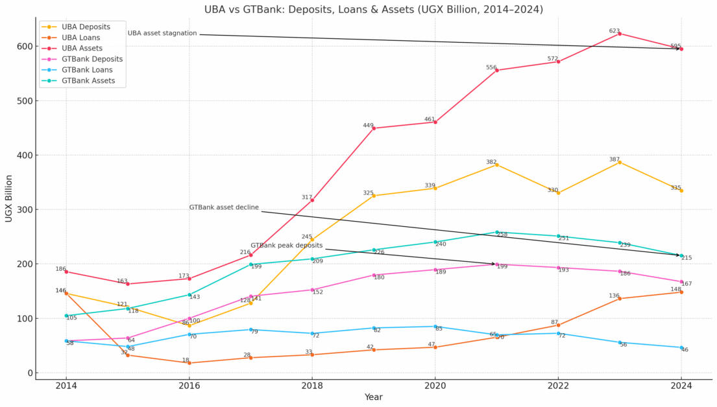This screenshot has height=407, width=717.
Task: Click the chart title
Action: click(374, 10)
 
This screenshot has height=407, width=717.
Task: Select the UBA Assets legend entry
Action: click(82, 49)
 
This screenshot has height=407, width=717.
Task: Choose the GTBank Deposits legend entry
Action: click(92, 59)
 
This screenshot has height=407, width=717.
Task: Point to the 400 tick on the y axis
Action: click(24, 156)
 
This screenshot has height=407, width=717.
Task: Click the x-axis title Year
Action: click(373, 397)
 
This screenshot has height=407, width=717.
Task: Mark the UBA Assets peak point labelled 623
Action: click(620, 34)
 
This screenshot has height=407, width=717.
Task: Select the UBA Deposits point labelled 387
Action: click(620, 162)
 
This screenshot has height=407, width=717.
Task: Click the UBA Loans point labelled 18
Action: click(189, 363)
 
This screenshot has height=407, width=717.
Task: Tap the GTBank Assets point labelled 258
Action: click(497, 232)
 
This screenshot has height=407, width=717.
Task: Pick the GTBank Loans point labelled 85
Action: click(435, 327)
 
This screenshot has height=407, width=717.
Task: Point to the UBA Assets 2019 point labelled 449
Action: click(374, 128)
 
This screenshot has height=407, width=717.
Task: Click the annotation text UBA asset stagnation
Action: click(162, 33)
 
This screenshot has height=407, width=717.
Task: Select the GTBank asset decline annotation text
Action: click(224, 207)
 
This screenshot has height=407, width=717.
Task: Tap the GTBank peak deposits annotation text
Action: click(286, 246)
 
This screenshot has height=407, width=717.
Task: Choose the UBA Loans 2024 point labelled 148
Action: click(681, 292)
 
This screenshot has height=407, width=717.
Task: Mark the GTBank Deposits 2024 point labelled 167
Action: click(681, 282)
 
